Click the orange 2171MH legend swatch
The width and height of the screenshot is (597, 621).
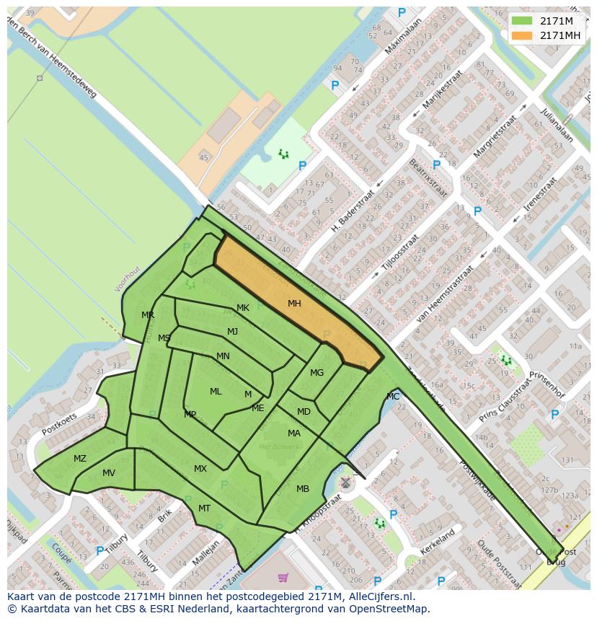(x=522, y=35)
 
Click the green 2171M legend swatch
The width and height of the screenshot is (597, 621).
(x=522, y=21)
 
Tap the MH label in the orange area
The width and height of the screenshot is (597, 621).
(x=294, y=304)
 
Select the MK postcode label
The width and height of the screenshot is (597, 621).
(x=243, y=308)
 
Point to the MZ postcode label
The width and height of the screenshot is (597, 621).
(x=80, y=459)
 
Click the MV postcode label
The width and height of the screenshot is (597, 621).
(x=109, y=473)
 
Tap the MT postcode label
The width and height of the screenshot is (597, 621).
(x=205, y=508)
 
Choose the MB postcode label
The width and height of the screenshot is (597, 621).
(x=303, y=489)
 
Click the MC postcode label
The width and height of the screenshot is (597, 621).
(x=393, y=397)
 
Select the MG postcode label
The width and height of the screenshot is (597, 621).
(x=317, y=373)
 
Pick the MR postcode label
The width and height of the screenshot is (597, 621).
(x=148, y=315)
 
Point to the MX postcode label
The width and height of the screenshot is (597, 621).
(x=200, y=469)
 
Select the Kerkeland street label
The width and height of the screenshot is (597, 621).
(x=438, y=543)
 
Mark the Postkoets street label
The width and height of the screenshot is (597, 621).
(x=59, y=423)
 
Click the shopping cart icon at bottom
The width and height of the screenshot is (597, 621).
(x=283, y=577)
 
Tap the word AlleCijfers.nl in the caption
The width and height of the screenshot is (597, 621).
(x=379, y=596)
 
